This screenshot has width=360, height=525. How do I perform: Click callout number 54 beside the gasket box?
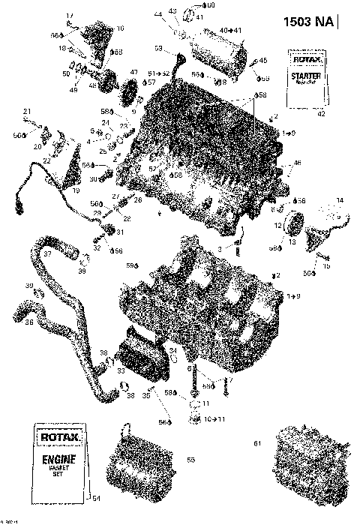[94, 497]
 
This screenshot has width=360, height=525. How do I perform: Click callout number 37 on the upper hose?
[46, 253]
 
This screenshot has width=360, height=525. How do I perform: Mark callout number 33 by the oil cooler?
[120, 369]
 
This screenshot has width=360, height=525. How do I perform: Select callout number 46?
[297, 162]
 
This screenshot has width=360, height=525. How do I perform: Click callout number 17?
[69, 16]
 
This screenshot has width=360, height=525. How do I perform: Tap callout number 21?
[26, 112]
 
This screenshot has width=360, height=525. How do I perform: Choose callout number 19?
[75, 190]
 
